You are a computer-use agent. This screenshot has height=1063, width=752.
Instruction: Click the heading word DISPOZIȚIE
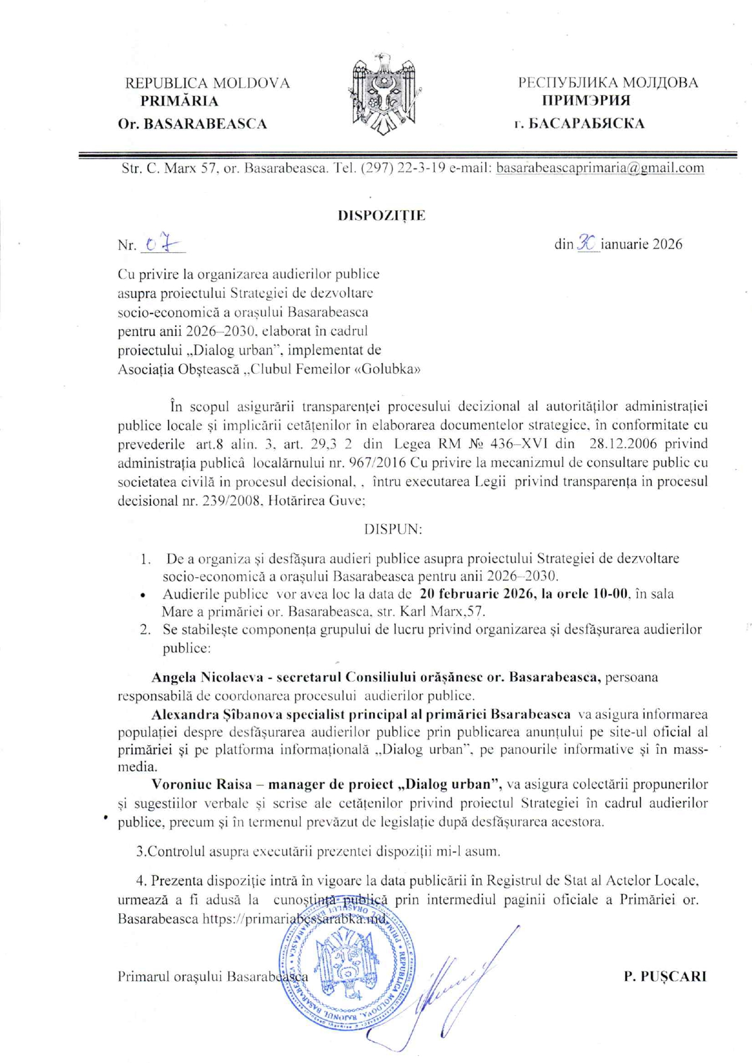coord(381,215)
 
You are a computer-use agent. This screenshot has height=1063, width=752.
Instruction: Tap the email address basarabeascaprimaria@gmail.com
coord(600,168)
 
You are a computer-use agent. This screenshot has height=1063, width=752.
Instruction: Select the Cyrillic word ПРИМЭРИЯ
coord(586,101)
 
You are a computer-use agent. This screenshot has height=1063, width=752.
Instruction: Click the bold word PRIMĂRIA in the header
coord(180,101)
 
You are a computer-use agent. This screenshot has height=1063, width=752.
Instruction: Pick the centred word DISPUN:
coord(393,529)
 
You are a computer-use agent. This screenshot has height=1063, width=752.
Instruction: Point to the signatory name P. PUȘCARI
coord(665,976)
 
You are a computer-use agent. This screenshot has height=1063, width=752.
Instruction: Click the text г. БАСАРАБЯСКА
coord(579,124)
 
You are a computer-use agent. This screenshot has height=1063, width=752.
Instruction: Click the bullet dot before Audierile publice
coord(143,595)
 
